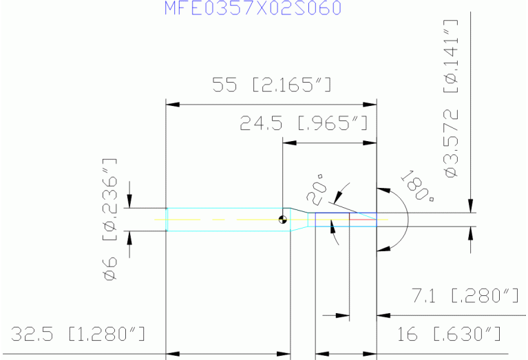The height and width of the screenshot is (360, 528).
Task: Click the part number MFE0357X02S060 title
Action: [x=253, y=8]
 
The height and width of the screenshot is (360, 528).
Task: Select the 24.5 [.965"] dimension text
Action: [x=304, y=124]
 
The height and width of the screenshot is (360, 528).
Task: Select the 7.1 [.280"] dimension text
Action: [x=465, y=297]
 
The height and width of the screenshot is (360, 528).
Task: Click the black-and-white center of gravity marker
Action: [x=283, y=220]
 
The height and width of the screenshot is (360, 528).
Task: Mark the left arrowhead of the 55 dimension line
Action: [x=173, y=105]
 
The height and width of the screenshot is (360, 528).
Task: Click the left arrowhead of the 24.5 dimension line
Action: [x=289, y=143]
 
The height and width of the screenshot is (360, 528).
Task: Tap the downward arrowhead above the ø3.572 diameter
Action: [x=470, y=206]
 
